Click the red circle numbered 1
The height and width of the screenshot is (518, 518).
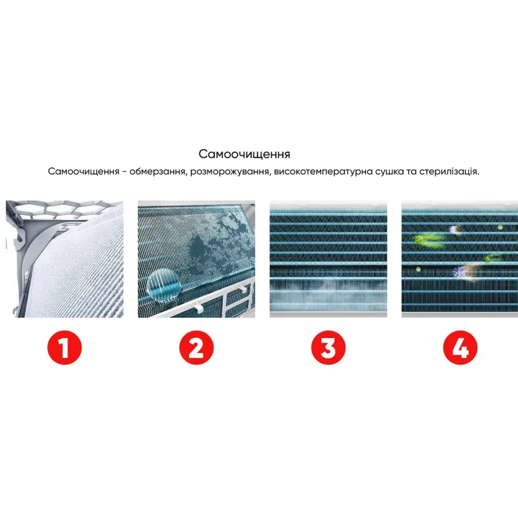coord(64,348)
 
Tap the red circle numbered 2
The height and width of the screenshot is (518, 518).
coord(196,348)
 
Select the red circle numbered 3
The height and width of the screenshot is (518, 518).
coord(328,348)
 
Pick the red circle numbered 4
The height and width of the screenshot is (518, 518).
coord(460,348)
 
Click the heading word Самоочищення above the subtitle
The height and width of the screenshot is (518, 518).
coord(245,154)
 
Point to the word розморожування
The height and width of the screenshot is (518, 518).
coord(229,172)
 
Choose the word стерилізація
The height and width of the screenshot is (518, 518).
coord(449,172)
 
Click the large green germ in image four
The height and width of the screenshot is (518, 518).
coord(427,240)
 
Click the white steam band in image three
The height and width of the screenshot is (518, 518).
coord(328,286)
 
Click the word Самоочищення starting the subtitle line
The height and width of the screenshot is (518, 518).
coord(84,172)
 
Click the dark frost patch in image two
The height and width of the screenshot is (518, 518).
coord(202,254)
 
